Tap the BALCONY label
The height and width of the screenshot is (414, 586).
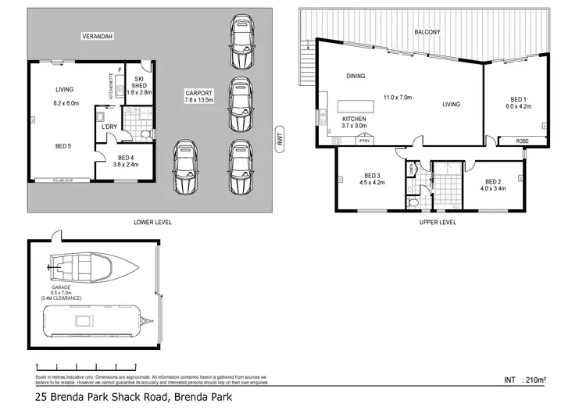(x=427, y=32)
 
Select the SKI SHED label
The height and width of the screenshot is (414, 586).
(x=140, y=85)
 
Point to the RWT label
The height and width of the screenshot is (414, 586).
(x=279, y=138)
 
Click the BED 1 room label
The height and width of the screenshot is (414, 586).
(x=518, y=103)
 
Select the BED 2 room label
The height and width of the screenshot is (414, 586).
(x=493, y=184)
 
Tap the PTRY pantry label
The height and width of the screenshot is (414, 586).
(x=364, y=141)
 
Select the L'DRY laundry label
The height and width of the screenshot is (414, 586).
(x=106, y=127)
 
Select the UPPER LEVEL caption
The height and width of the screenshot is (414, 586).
(x=438, y=222)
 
